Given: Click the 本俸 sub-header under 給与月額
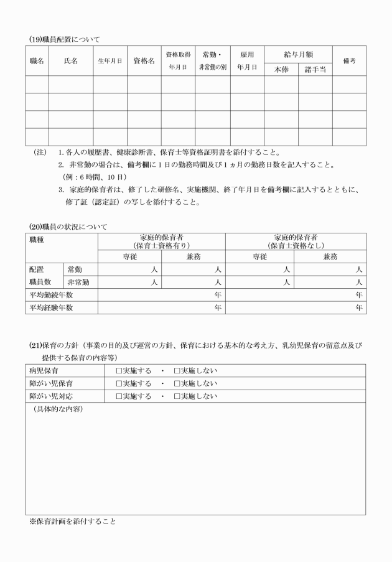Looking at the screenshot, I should point(281,70).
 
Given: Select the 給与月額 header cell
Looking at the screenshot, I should point(297,54).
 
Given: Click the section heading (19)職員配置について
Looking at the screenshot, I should point(64,39).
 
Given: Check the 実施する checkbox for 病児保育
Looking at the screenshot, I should point(120,372).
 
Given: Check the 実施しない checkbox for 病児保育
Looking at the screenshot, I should point(177,372).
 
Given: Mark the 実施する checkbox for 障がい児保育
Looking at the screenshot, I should point(120,384).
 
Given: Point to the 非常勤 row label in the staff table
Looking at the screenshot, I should point(78,283).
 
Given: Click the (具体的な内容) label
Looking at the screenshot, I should point(57,409).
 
